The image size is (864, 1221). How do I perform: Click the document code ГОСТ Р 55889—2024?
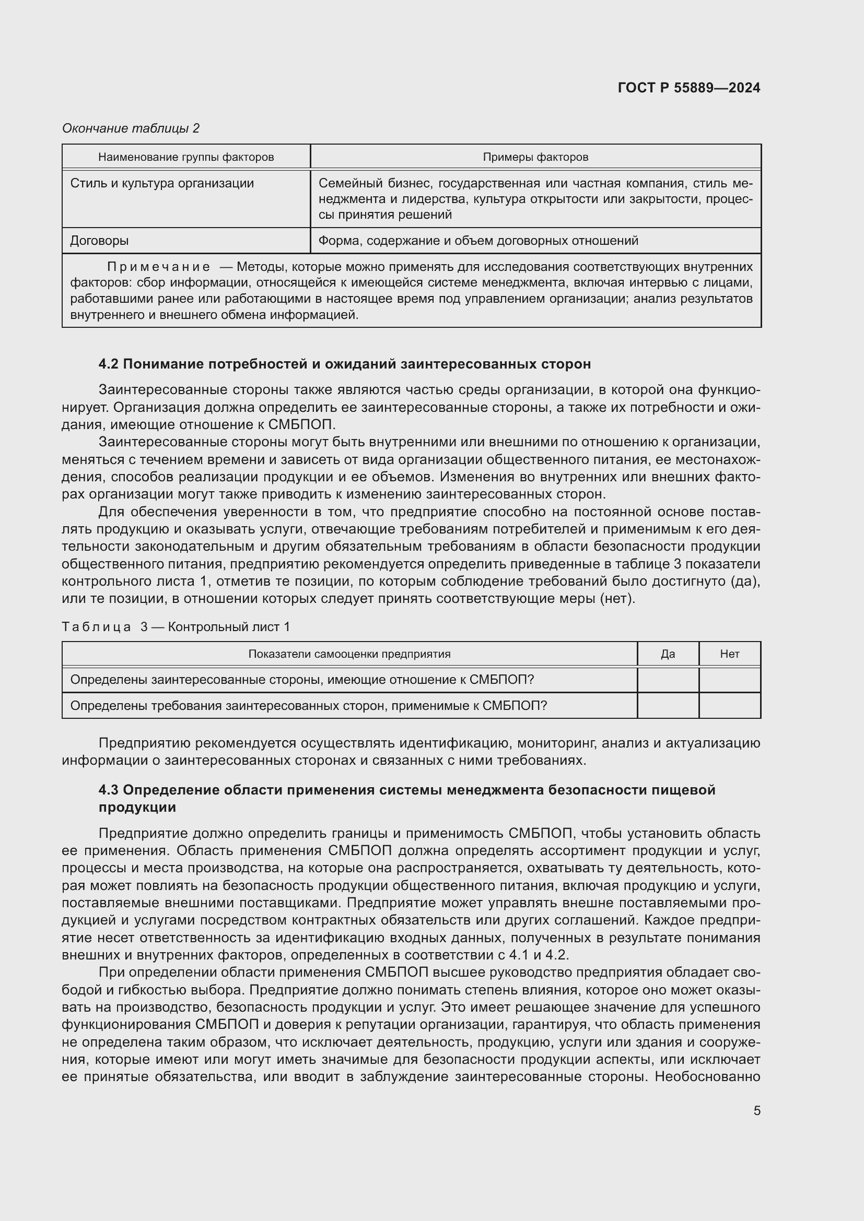tap(689, 88)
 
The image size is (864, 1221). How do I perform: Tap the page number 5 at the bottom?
tap(756, 1110)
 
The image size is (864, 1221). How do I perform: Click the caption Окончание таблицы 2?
tap(131, 128)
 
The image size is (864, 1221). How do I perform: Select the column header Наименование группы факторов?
tap(186, 157)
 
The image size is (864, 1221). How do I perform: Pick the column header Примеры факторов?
tap(535, 157)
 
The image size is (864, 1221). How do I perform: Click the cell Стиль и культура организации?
tap(162, 183)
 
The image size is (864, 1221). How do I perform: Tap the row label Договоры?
tap(99, 240)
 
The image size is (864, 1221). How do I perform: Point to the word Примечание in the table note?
tap(159, 267)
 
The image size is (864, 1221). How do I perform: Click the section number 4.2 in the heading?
tap(109, 364)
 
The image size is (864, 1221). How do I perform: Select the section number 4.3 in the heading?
tap(109, 790)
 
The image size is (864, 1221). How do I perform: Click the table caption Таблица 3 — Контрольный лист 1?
tap(176, 627)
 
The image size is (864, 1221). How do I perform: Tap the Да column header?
tap(668, 654)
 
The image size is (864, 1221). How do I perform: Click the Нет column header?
tap(729, 654)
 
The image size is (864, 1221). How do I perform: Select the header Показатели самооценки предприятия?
tap(349, 654)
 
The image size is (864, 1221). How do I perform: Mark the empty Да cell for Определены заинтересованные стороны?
tap(668, 680)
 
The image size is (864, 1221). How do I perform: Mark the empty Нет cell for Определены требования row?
tap(729, 706)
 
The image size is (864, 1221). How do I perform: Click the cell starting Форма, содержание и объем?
tap(478, 240)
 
